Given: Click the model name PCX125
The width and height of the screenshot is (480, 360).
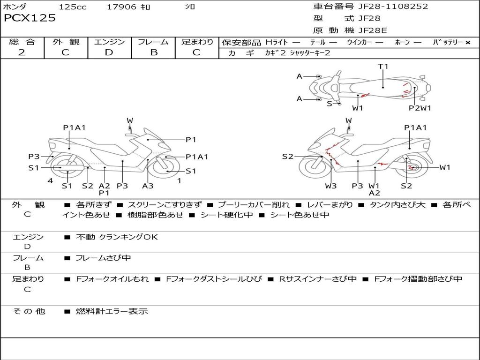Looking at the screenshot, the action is [x=30, y=18].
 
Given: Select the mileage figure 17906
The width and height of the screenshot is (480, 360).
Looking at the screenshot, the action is [x=121, y=7].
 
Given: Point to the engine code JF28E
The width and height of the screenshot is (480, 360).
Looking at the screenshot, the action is [x=373, y=30].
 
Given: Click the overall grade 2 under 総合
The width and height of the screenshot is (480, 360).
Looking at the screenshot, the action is [x=22, y=52].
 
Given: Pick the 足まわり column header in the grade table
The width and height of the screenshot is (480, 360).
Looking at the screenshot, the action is [x=197, y=42].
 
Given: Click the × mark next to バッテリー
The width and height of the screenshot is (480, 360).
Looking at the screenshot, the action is [x=467, y=42].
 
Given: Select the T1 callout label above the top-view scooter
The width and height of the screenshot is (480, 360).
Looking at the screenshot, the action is [x=383, y=66].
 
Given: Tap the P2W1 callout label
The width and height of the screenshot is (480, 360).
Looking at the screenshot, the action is [x=420, y=108].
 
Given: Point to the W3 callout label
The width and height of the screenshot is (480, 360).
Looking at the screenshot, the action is [x=331, y=186].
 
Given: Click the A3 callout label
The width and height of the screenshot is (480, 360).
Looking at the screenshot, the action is [x=148, y=186].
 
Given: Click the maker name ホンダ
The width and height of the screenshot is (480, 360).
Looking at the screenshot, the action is [x=15, y=7].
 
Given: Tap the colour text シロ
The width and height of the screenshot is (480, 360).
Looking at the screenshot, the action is [x=190, y=7].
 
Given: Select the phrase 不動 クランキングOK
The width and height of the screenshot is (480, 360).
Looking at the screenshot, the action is [x=117, y=237].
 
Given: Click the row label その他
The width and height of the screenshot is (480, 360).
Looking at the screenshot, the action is [x=29, y=311].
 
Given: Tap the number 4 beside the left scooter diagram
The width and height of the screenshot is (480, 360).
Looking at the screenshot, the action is [x=50, y=181].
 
